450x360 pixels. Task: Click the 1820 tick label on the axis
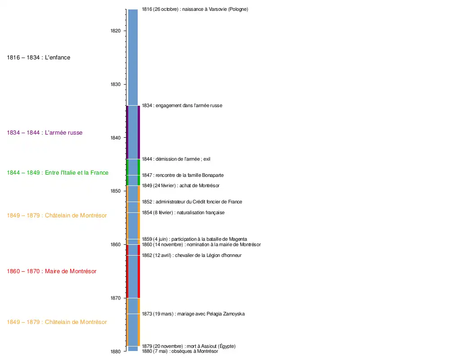[116, 31]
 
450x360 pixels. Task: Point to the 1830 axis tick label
[116, 84]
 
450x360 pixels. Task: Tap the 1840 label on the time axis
[116, 138]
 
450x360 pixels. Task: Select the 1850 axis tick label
[116, 191]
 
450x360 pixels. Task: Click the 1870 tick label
[116, 298]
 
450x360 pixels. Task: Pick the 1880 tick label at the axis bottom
[116, 351]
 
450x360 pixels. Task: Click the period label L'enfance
[39, 58]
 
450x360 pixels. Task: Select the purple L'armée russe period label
[45, 133]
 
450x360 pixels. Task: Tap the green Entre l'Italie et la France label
[58, 173]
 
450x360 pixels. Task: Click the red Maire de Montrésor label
[52, 271]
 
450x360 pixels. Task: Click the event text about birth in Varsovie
[195, 9]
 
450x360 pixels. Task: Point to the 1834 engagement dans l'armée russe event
[182, 106]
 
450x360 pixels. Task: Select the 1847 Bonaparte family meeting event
[183, 175]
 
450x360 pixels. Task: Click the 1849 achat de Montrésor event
[180, 186]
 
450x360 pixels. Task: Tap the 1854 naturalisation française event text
[183, 213]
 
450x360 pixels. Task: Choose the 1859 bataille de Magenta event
[194, 239]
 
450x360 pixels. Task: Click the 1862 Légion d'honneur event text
[192, 256]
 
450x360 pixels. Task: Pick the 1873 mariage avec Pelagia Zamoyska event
[193, 314]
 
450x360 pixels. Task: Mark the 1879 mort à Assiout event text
[189, 346]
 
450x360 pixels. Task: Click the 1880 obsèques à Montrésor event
[180, 351]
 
